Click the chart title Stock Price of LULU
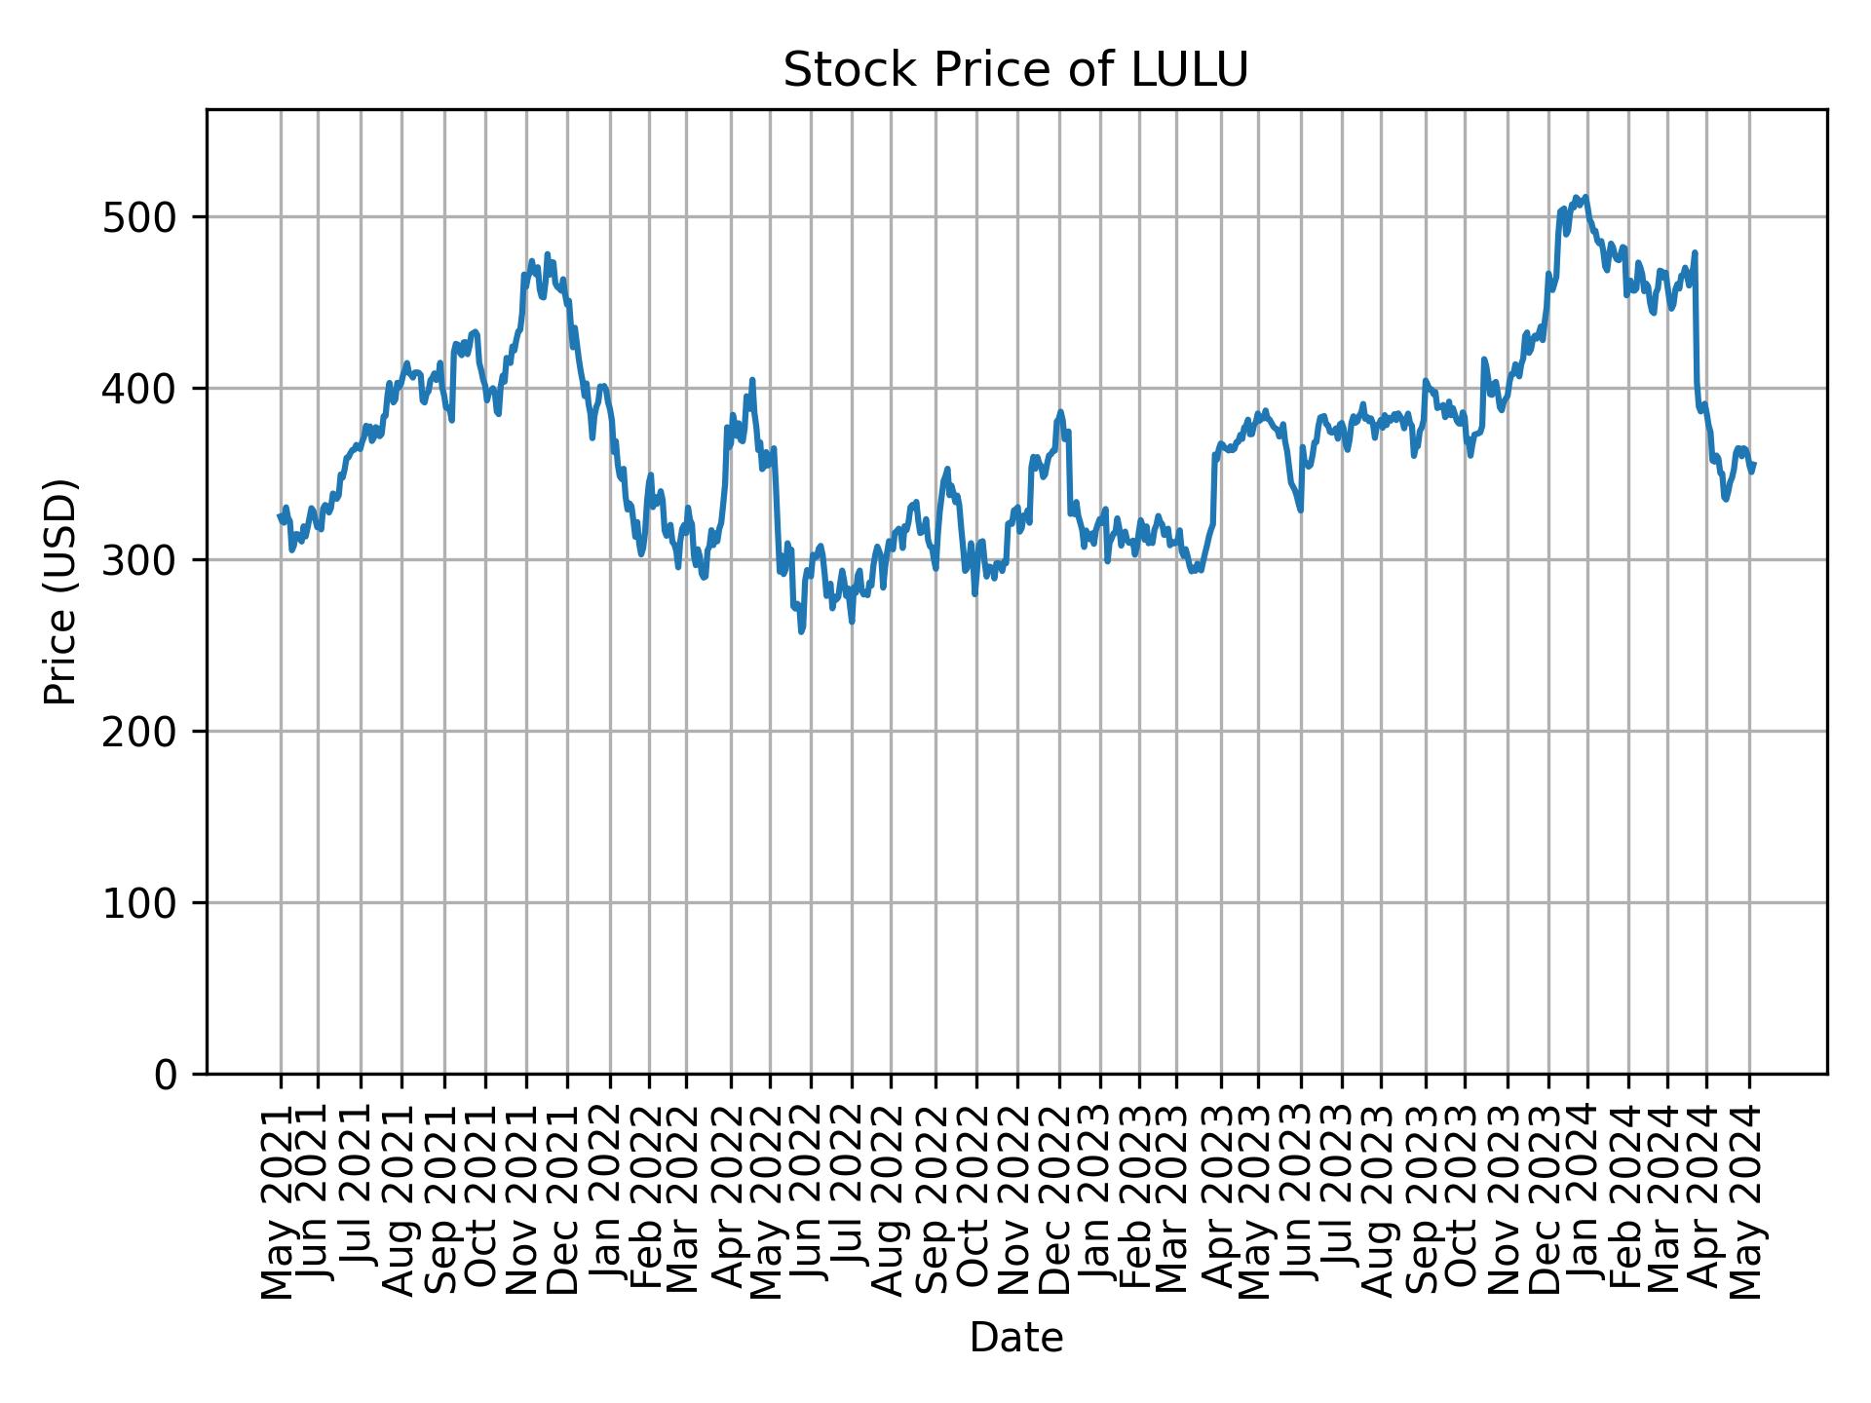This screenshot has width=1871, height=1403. click(1014, 71)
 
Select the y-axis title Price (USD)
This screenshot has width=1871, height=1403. click(60, 591)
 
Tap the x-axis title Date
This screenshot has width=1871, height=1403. click(1015, 1339)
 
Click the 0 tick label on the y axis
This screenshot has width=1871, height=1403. click(168, 1075)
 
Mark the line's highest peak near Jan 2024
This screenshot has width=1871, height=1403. click(1585, 197)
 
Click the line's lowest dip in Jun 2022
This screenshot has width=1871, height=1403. click(801, 631)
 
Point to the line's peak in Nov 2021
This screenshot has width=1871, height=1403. click(547, 254)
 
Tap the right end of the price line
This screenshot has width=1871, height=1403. click(1754, 465)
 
